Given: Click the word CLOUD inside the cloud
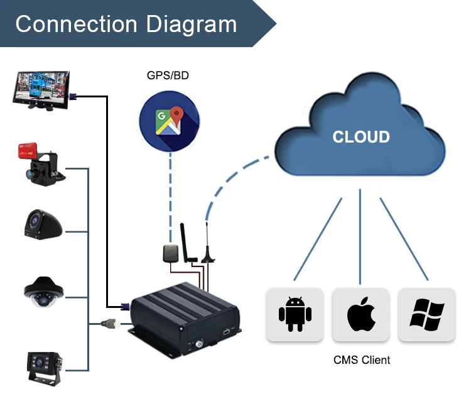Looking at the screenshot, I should coord(361,137).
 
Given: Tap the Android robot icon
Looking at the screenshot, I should coord(295,314).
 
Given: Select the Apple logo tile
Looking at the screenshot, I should coord(360,314).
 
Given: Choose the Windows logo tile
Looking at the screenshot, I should coord(426,314).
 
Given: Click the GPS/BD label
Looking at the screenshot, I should coord(168,76).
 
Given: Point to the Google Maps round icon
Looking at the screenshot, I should coord(169,122).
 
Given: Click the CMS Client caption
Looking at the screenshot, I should coord(361,360).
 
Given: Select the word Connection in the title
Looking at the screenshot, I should coord(76,24).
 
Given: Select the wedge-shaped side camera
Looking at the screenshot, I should coord(42,225).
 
